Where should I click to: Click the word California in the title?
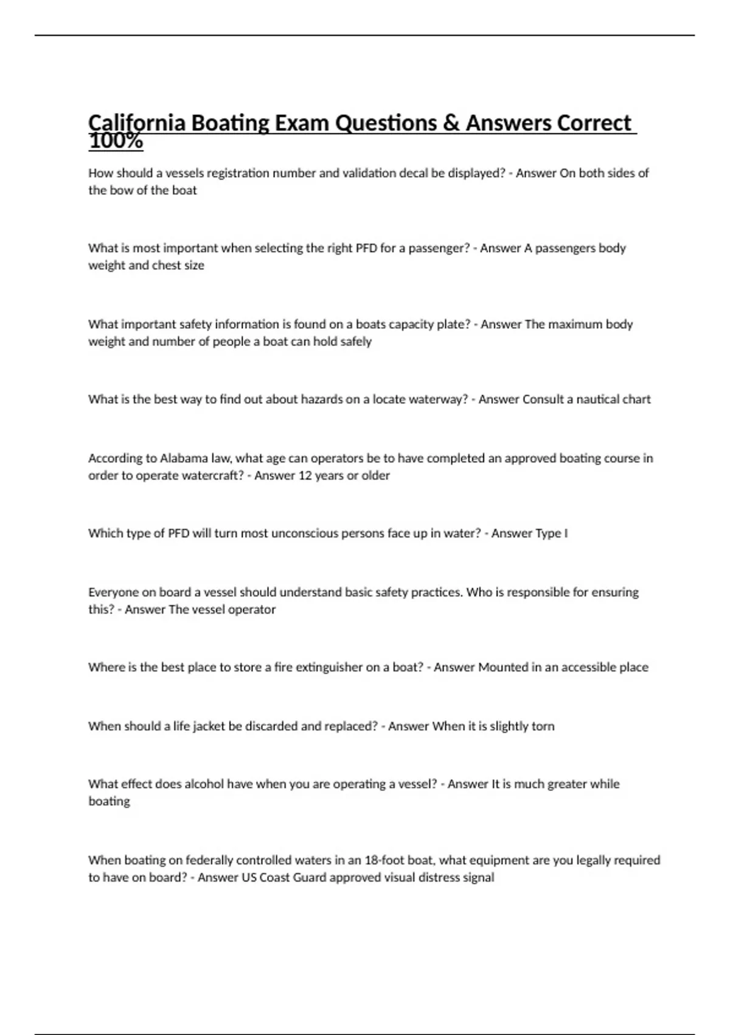(137, 124)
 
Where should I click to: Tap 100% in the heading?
(116, 142)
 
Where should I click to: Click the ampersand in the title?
(451, 124)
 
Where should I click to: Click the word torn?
(543, 726)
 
